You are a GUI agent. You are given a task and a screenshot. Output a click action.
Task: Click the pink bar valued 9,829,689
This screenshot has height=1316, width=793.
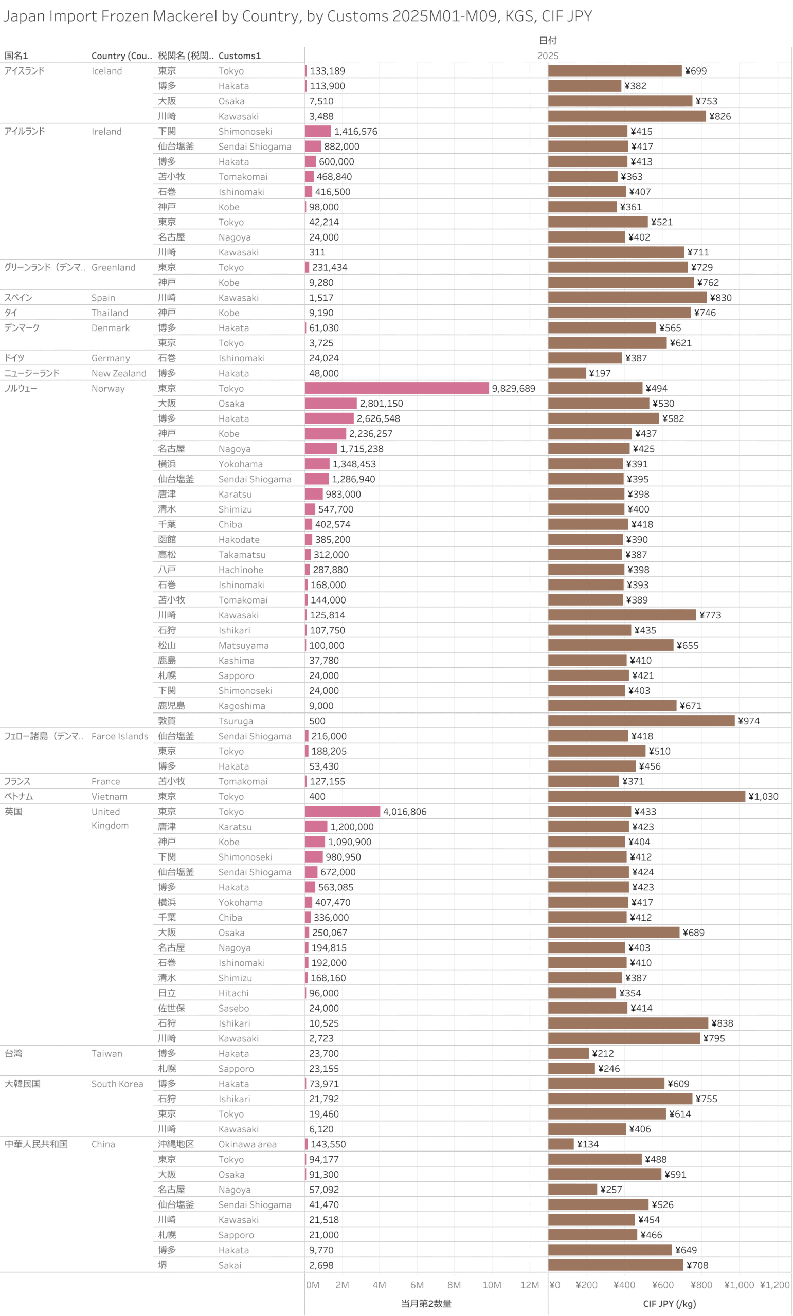396,388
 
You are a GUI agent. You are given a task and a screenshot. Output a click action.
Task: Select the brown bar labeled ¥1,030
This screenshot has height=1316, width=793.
646,796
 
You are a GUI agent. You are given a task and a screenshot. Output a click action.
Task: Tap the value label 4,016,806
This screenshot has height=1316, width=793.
405,812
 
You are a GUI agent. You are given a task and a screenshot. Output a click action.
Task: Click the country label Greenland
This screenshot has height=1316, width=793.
113,268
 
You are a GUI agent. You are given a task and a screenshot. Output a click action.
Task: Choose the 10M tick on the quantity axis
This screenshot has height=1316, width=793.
492,1285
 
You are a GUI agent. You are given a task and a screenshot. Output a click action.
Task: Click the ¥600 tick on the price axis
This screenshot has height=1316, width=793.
662,1285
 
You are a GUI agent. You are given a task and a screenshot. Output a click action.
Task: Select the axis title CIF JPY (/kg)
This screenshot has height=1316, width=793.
669,1304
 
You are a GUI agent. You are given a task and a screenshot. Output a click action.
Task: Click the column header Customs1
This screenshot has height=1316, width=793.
240,56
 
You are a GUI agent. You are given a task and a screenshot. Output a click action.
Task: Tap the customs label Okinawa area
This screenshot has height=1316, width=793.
247,1144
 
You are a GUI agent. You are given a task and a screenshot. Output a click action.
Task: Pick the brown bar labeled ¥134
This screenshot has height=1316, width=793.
561,1144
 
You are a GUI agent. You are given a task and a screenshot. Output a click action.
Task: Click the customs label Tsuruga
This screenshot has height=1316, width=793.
236,721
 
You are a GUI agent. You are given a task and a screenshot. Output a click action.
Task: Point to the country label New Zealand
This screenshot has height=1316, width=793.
119,373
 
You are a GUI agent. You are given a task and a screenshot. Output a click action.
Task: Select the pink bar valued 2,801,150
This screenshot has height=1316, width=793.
330,403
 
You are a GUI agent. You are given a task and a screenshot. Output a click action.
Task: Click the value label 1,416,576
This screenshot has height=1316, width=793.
355,132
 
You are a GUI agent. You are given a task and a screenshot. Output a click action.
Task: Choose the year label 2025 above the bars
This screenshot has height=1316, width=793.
548,56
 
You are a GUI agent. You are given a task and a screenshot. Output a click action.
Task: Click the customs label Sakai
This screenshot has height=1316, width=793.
230,1265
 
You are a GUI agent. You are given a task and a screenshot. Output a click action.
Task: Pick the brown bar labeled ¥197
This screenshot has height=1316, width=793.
567,373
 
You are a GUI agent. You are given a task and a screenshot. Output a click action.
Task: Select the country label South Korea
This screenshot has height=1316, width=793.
117,1084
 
